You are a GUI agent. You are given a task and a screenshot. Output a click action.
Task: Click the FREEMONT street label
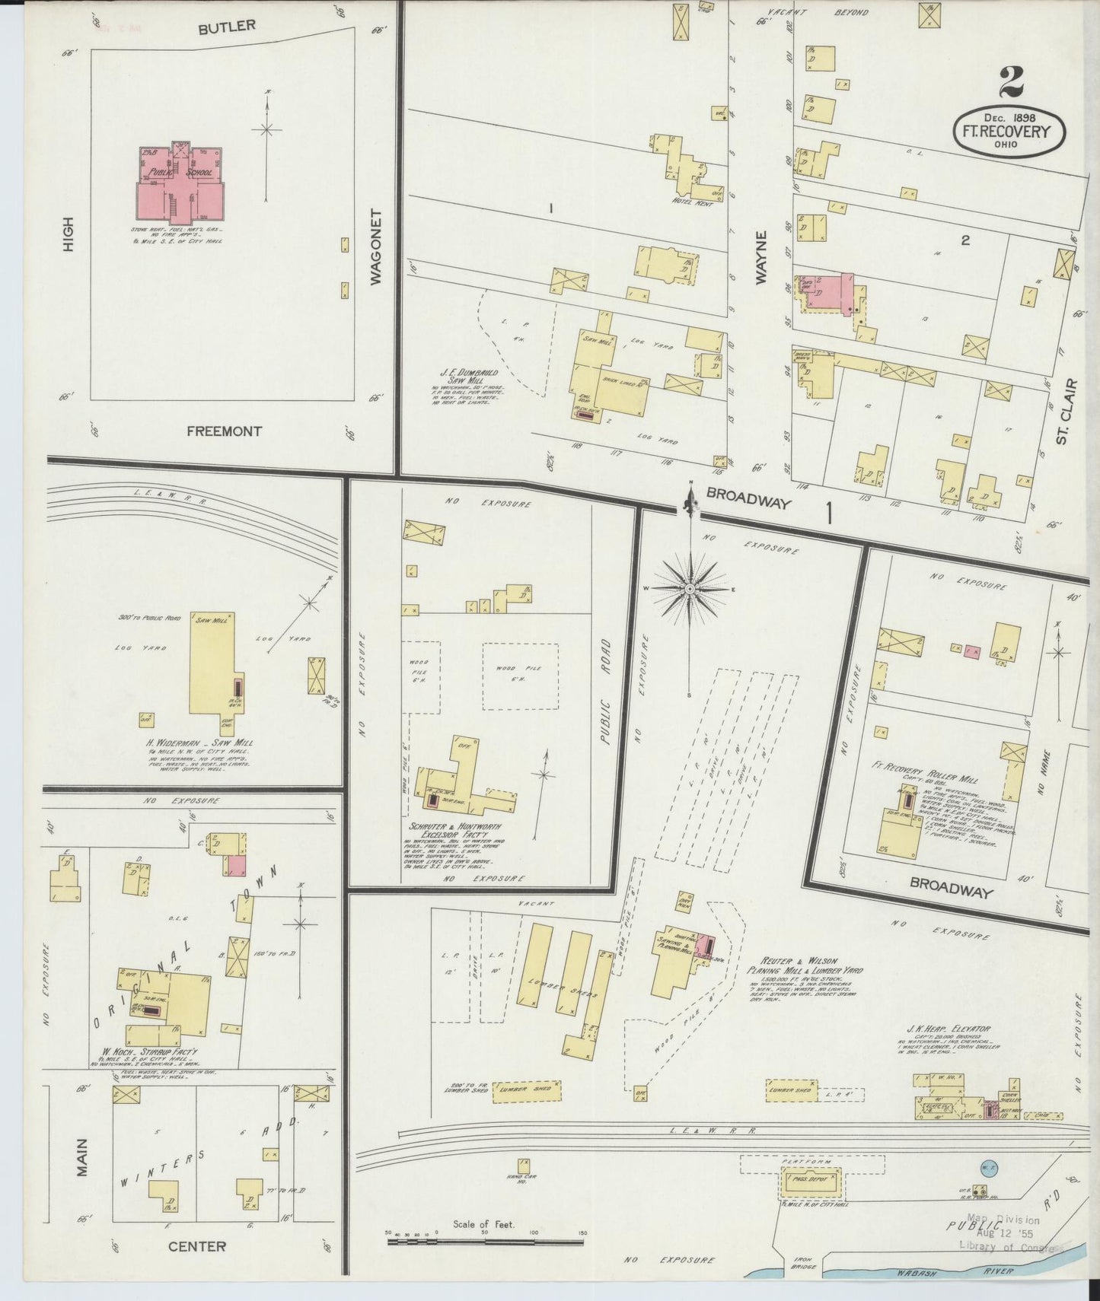(225, 431)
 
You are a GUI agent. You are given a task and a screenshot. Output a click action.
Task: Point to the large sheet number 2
(1011, 83)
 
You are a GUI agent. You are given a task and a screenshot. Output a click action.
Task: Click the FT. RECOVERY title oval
(1008, 132)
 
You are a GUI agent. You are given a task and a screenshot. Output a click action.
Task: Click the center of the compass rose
(690, 588)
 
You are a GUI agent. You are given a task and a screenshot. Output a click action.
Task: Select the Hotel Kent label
(684, 200)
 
